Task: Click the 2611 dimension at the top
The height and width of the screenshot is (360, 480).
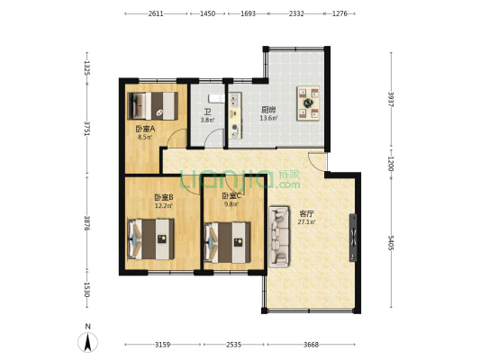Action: [x=156, y=13]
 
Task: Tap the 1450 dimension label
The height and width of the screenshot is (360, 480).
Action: [x=207, y=13]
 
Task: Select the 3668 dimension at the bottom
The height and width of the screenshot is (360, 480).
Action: [x=311, y=345]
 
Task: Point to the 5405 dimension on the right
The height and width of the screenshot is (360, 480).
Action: [x=391, y=242]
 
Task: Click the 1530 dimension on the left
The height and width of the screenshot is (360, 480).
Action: [x=87, y=289]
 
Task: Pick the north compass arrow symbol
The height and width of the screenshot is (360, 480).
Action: [x=88, y=342]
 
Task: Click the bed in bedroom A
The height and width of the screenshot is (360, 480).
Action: [x=153, y=106]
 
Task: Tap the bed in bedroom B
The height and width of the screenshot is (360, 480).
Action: [x=150, y=239]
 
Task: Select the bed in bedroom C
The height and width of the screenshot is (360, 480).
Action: [x=228, y=242]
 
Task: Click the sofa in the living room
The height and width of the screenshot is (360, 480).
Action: [x=279, y=237]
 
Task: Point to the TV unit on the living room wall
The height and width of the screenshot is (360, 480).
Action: [x=353, y=238]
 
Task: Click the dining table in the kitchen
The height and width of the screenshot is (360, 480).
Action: [x=308, y=103]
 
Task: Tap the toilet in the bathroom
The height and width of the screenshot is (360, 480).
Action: [x=216, y=99]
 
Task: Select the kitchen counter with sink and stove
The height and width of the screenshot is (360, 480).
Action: [x=235, y=115]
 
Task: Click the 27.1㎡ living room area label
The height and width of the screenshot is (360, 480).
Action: [x=307, y=222]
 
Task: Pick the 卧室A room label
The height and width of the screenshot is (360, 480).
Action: [x=145, y=129]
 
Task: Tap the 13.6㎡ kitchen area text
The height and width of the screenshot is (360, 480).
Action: [x=268, y=118]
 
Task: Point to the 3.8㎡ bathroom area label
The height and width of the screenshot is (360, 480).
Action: [x=207, y=121]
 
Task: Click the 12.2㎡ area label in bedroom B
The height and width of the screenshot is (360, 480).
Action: [x=164, y=205]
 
